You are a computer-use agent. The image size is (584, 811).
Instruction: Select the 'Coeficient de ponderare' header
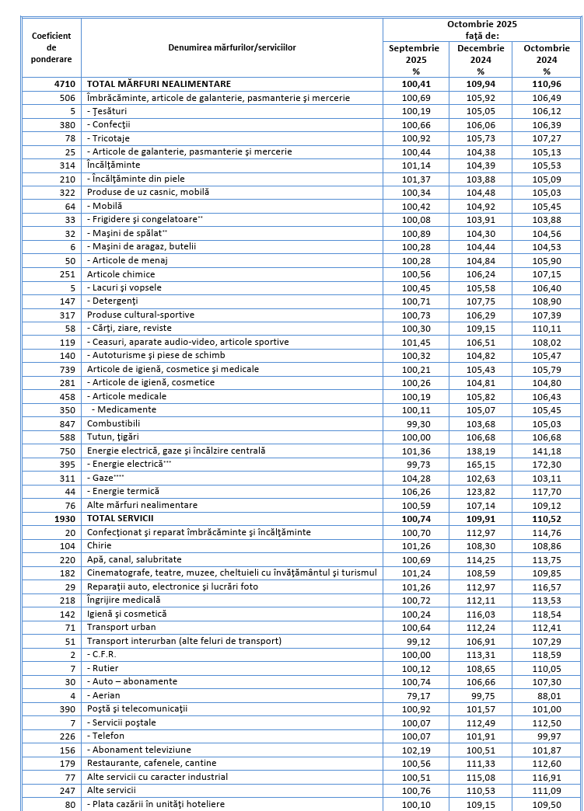[51, 48]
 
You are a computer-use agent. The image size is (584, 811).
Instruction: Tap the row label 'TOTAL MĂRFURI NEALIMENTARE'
[159, 84]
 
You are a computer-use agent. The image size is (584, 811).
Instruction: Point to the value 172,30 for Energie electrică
[540, 464]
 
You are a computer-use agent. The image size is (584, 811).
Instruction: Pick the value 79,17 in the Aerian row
[414, 695]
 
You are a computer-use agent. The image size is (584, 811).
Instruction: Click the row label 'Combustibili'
[114, 423]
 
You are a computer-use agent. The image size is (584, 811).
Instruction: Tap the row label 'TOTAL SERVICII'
[120, 518]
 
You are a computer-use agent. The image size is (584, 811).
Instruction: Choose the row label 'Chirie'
[100, 545]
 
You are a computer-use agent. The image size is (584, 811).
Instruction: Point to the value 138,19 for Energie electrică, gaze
[477, 451]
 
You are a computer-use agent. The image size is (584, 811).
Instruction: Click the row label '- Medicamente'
[124, 409]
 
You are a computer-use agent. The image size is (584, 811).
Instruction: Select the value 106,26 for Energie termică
[414, 491]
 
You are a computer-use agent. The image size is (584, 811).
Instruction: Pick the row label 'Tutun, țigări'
[113, 437]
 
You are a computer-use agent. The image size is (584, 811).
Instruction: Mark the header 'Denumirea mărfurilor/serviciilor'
[232, 48]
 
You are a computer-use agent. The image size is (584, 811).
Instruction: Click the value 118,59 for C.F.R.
[540, 654]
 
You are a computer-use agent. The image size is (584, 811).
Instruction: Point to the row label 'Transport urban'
[121, 627]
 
